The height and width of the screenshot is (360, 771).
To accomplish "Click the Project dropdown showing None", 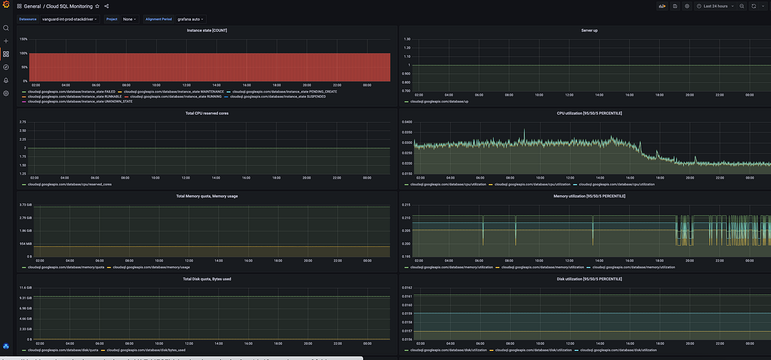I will (x=129, y=19).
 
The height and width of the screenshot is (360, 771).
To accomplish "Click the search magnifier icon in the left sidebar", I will (x=6, y=28).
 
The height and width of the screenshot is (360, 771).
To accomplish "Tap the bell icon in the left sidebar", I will (x=6, y=80).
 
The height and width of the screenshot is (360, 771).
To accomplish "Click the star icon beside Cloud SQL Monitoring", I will (x=97, y=6).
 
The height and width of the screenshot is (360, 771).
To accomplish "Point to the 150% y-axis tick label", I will (x=23, y=39).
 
